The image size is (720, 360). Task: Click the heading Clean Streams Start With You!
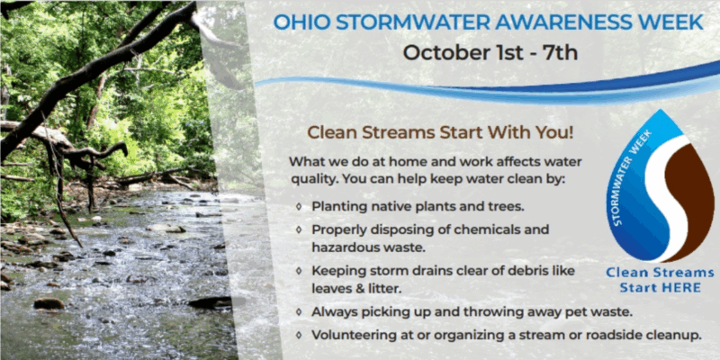441,131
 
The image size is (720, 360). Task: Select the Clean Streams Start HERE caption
660,280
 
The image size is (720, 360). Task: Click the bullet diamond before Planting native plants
298,207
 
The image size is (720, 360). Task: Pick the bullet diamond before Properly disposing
298,229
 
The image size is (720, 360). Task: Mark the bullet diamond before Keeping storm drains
298,270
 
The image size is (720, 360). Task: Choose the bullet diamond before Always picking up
298,311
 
